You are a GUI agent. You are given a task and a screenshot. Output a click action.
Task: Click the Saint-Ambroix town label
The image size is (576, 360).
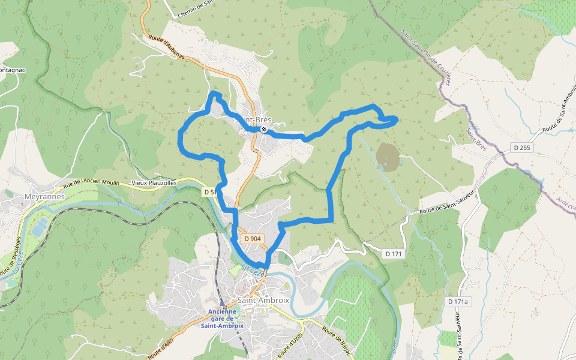[263, 300]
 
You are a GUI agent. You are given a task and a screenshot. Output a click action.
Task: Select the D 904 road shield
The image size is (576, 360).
[253, 239]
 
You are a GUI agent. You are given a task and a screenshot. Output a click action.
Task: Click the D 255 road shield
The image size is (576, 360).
[521, 148]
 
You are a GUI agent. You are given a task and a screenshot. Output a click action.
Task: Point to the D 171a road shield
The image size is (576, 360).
[458, 301]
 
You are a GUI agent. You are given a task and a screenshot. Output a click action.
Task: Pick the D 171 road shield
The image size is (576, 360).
[393, 254]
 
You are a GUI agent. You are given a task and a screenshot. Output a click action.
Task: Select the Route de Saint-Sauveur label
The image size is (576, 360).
[448, 202]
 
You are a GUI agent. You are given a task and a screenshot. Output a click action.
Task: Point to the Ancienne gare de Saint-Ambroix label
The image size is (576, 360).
[222, 319]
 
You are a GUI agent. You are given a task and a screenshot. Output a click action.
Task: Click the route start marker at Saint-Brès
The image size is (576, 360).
[263, 129]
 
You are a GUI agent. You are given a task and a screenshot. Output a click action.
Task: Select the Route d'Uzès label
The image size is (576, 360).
[292, 344]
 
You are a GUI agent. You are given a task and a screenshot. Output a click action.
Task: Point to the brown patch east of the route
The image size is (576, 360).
[387, 155]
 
